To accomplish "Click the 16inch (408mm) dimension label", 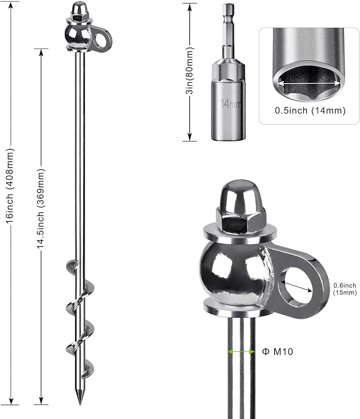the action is pyautogui.click(x=10, y=186).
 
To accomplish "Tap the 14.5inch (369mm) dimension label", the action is pyautogui.click(x=41, y=208).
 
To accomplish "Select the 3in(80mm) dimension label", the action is pyautogui.click(x=190, y=70).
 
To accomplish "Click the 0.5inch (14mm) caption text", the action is pyautogui.click(x=310, y=111).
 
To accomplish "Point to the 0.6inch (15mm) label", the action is pyautogui.click(x=345, y=289).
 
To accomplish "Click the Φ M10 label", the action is pyautogui.click(x=278, y=351).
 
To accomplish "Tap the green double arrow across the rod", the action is pyautogui.click(x=241, y=352).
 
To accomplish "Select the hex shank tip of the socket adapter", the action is pyautogui.click(x=228, y=8).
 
